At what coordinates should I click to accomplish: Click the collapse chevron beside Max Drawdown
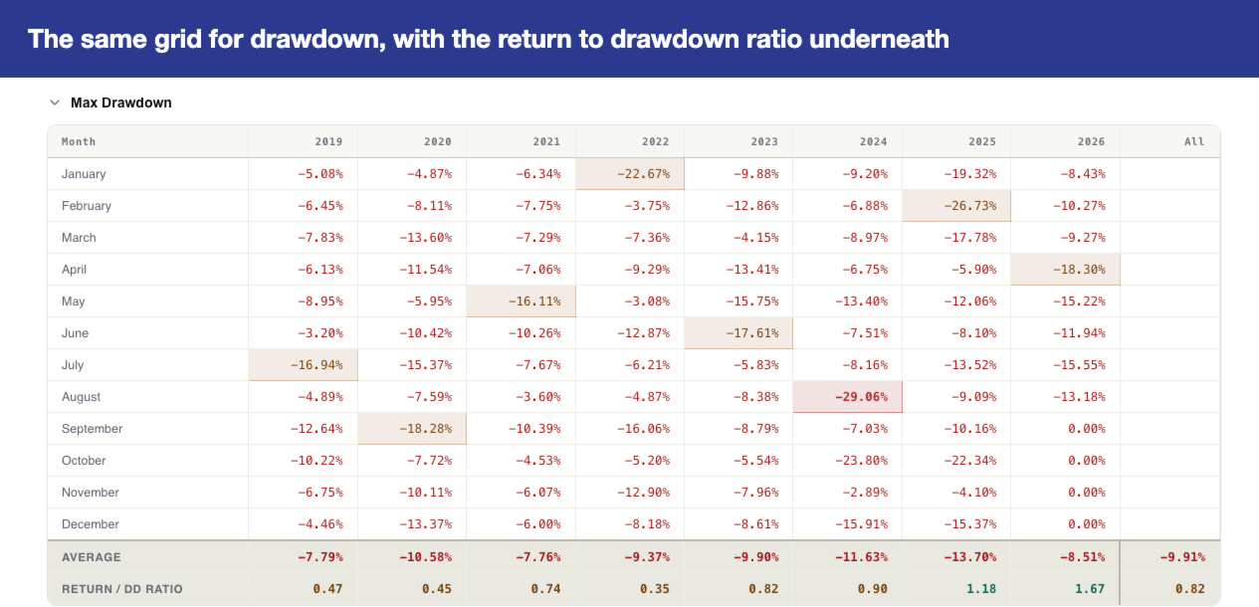tap(55, 102)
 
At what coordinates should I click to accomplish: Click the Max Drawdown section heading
tap(120, 102)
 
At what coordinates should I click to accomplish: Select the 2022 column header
tap(655, 141)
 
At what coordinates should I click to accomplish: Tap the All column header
tap(1194, 141)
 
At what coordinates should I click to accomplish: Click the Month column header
tap(79, 141)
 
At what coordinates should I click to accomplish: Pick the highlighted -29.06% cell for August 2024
tap(848, 397)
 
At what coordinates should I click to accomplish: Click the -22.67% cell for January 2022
tap(630, 174)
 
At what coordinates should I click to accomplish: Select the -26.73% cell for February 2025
tap(956, 206)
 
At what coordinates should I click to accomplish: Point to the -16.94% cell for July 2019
tap(303, 365)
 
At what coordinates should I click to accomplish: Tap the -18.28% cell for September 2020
tap(412, 429)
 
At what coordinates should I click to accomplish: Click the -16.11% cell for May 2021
tap(522, 302)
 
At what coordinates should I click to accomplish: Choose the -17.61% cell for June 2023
tap(738, 333)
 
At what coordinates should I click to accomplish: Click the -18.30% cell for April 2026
tap(1066, 270)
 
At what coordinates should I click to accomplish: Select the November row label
tap(91, 493)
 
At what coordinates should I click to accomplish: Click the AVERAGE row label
tap(91, 557)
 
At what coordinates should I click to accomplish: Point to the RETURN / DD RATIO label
tap(122, 589)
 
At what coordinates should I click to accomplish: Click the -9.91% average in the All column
tap(1182, 557)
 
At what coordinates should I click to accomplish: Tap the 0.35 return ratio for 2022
tap(655, 589)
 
